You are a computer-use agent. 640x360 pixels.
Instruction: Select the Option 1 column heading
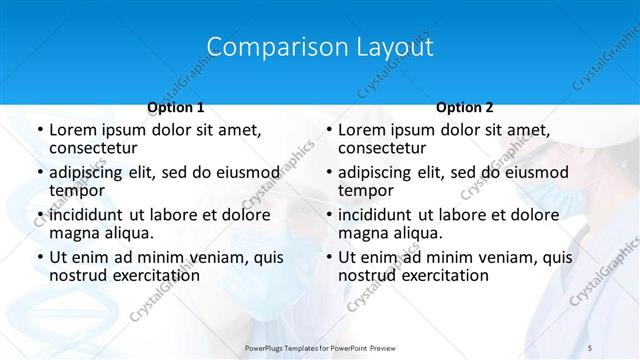pos(176,107)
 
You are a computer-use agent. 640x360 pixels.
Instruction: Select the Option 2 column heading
pos(465,107)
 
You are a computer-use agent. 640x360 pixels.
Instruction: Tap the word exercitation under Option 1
pos(151,275)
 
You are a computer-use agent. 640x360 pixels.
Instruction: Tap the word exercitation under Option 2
pos(441,275)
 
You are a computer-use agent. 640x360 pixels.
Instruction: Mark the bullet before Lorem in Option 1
pos(39,130)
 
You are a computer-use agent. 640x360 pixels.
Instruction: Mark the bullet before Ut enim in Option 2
pos(329,257)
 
